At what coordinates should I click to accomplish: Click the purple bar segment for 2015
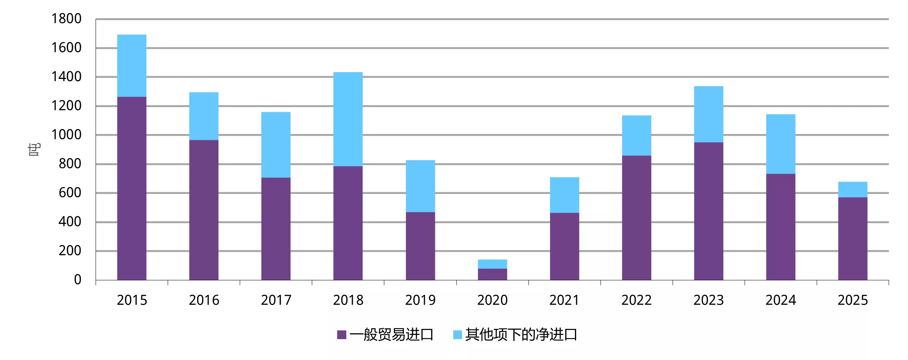tap(132, 188)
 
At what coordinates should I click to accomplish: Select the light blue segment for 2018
tap(348, 119)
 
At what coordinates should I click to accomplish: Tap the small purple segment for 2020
tap(492, 274)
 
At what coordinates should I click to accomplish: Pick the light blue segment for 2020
tap(492, 264)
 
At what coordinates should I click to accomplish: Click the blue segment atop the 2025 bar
tap(853, 190)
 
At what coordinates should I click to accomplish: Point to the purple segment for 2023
tap(708, 211)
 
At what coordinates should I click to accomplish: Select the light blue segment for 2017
tap(276, 145)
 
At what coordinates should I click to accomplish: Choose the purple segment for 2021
tap(564, 246)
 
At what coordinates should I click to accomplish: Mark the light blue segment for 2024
tap(781, 144)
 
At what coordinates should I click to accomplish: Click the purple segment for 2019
tap(420, 246)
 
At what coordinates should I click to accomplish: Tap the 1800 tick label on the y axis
tap(66, 19)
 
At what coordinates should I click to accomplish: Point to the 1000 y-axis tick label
tap(66, 135)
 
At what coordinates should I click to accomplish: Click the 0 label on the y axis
tap(77, 280)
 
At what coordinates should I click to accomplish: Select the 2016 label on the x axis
tap(204, 300)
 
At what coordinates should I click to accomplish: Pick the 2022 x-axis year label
tap(636, 300)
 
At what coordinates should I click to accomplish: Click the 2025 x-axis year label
tap(852, 300)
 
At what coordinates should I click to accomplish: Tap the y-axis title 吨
tap(34, 149)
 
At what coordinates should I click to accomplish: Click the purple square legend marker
tap(341, 335)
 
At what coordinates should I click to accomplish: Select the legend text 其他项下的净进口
tap(521, 335)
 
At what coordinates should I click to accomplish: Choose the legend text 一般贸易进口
tap(391, 335)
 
